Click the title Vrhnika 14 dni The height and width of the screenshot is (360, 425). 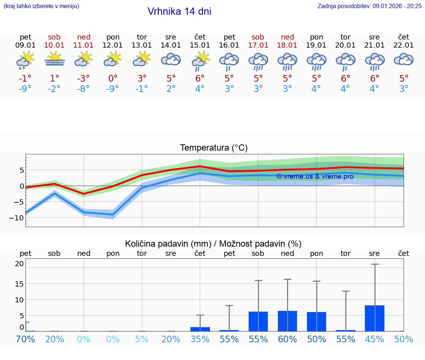(179, 11)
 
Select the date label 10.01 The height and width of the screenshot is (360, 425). (54, 45)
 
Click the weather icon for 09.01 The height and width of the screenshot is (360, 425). (25, 60)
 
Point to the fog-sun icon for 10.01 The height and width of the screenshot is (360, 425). (54, 59)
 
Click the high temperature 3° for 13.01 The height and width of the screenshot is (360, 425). (142, 78)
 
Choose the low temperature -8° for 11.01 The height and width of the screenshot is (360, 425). (83, 89)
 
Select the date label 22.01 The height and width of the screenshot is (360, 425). (404, 45)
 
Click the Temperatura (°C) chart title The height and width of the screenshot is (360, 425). (214, 148)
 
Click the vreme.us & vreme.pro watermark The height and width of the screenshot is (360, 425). (315, 176)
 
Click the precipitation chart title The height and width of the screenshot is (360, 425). (213, 244)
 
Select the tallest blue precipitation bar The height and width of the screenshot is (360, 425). (374, 318)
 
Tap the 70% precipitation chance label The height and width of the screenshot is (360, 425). (25, 339)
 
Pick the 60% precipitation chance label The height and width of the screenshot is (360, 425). (287, 339)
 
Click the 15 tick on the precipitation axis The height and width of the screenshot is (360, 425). (19, 284)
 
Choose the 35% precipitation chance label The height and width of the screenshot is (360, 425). (200, 339)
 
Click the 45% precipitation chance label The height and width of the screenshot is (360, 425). (374, 339)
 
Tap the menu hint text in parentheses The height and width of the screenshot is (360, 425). (41, 6)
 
